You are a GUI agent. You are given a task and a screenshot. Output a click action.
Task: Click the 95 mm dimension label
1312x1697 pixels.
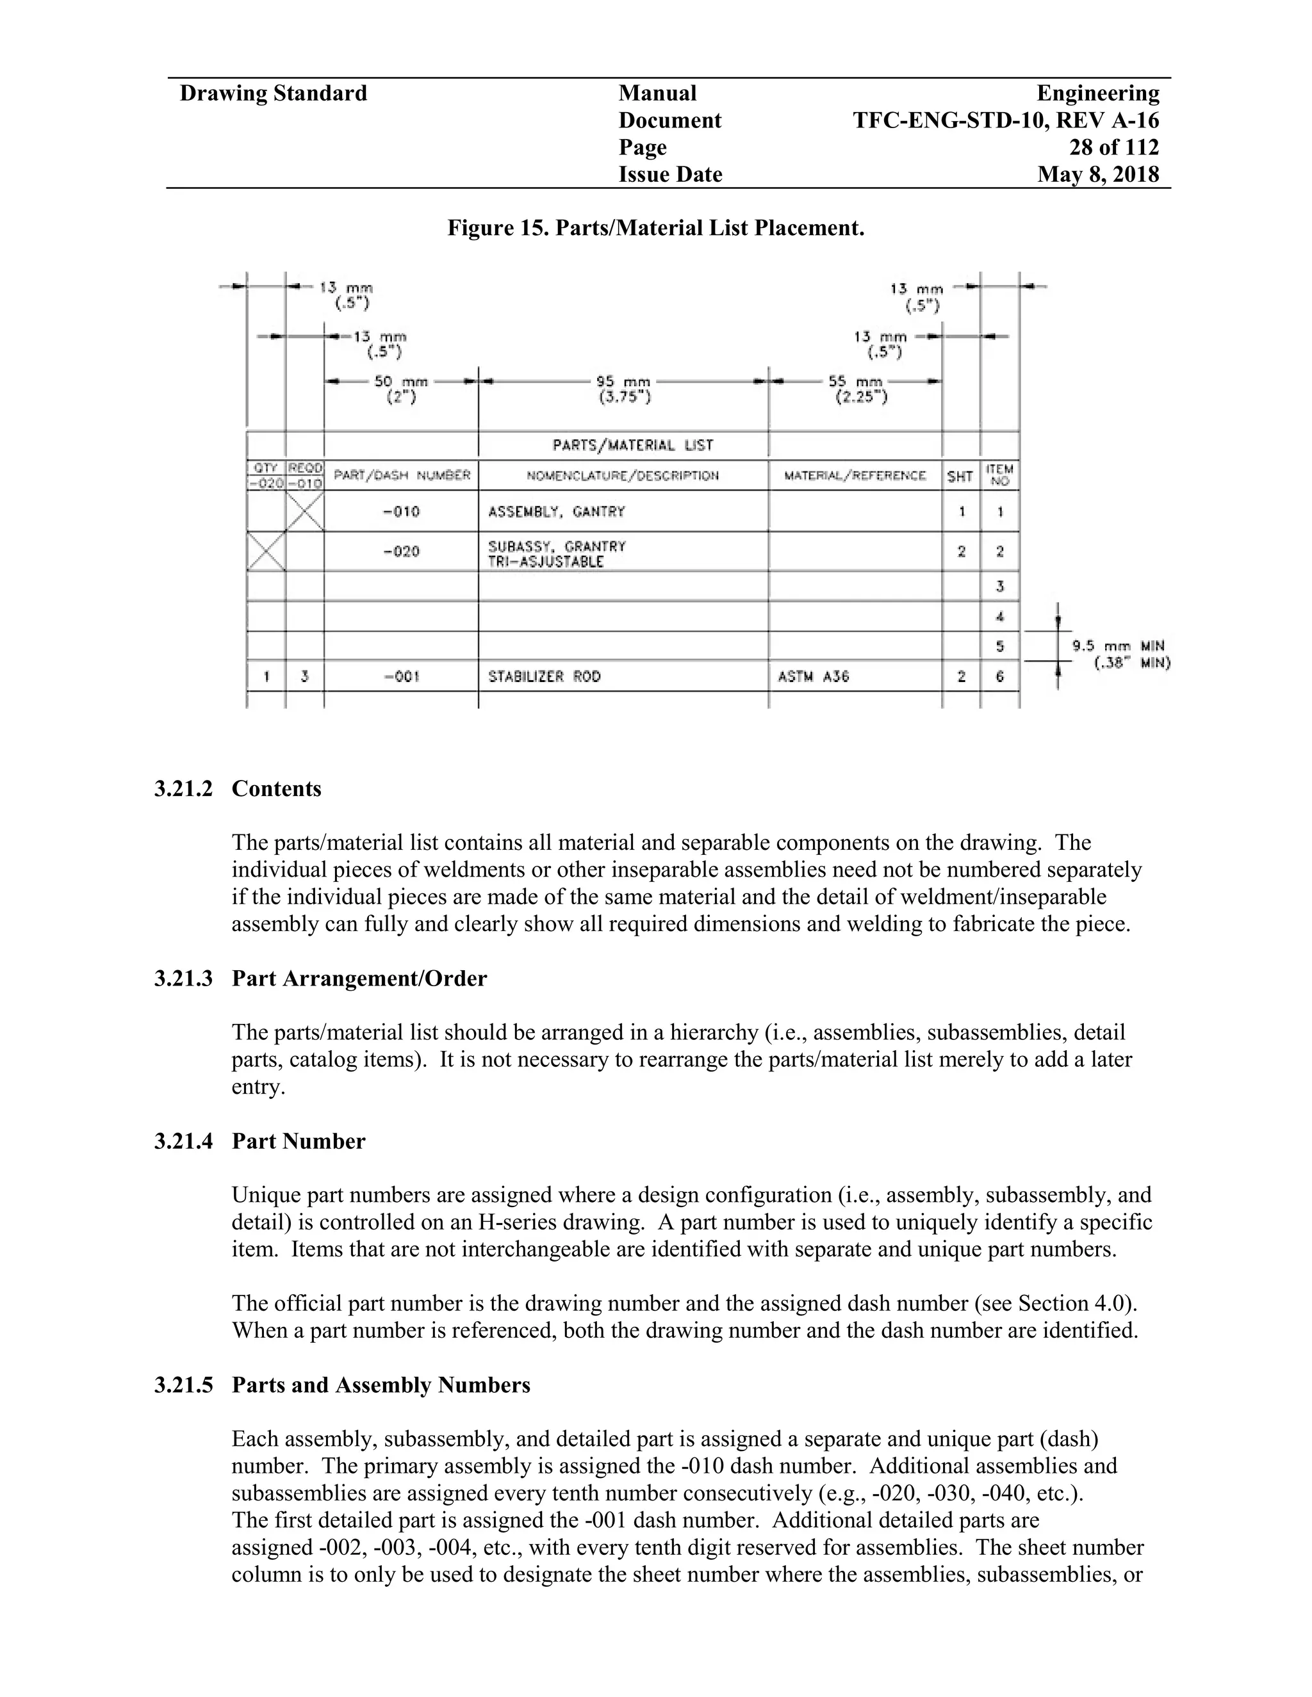click(x=623, y=389)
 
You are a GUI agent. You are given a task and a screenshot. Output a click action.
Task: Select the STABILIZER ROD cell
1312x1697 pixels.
click(x=544, y=677)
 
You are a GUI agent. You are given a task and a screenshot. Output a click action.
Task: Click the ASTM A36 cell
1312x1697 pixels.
click(x=813, y=677)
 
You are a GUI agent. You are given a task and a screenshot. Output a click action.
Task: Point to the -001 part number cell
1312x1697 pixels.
click(x=401, y=677)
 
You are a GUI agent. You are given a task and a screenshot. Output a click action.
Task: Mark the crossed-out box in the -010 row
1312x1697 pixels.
click(x=305, y=511)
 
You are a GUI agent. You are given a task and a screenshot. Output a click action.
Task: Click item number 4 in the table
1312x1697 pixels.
click(x=999, y=617)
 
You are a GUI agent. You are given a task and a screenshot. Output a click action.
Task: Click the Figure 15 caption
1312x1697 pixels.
click(x=655, y=229)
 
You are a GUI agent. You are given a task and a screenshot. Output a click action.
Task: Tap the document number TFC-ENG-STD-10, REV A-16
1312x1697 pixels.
click(x=1006, y=120)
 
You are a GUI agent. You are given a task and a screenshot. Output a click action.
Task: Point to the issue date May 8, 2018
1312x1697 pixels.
click(x=1097, y=174)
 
